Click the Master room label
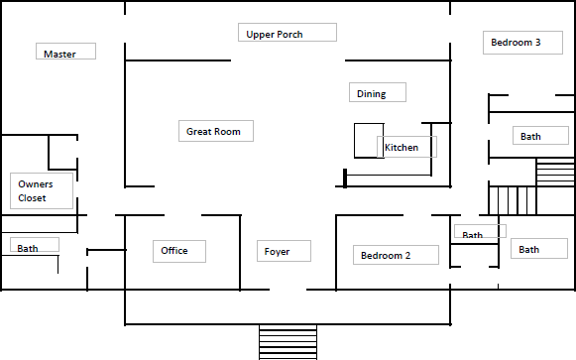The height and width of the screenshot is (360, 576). click(59, 54)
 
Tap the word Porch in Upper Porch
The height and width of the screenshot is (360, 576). click(289, 35)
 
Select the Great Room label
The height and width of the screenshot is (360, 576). click(213, 132)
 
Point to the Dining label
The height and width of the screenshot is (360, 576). click(372, 94)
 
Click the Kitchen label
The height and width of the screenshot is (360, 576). click(402, 148)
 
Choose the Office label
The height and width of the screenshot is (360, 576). click(174, 251)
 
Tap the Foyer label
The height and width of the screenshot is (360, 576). click(277, 252)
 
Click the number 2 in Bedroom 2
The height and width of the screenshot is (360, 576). click(407, 256)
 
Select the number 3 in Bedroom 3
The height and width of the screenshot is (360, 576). click(537, 43)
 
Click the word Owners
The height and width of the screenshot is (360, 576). click(36, 184)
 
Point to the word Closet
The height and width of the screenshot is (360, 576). click(33, 198)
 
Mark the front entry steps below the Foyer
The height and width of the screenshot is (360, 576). click(288, 342)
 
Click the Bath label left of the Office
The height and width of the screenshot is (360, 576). click(28, 248)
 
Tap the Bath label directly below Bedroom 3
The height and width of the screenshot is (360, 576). click(530, 137)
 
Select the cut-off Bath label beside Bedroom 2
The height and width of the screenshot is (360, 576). click(473, 235)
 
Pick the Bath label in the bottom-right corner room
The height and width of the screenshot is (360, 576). click(529, 250)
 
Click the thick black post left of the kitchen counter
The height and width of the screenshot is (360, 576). click(345, 179)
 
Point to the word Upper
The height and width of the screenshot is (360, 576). click(260, 35)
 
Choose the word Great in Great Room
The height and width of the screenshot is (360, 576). click(200, 132)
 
